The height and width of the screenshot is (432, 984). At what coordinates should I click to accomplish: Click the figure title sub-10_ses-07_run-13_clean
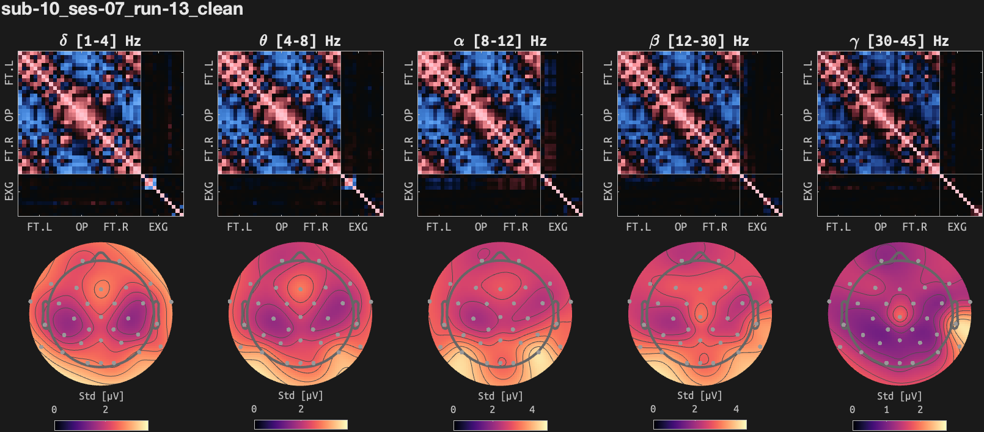[122, 9]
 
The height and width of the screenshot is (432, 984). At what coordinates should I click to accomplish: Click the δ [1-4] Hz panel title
[100, 41]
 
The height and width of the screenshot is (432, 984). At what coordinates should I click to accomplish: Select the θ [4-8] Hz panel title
[299, 41]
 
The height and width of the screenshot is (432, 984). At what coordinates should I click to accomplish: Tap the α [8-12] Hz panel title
[499, 41]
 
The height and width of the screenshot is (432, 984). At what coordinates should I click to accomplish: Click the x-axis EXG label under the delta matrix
[158, 227]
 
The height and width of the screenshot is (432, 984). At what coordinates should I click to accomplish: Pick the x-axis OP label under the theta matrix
[282, 227]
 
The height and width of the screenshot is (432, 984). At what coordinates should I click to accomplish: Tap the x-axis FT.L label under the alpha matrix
[439, 227]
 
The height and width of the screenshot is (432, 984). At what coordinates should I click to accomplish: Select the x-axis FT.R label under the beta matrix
[715, 227]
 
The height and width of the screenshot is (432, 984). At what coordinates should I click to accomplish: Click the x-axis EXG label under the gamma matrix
[957, 227]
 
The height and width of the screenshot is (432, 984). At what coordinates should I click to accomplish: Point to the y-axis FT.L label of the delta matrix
[9, 72]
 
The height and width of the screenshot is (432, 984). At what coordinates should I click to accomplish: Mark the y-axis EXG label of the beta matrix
[608, 191]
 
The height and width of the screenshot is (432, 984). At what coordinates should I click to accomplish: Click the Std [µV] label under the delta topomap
[101, 396]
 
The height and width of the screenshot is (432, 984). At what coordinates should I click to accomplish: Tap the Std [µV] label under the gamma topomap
[899, 396]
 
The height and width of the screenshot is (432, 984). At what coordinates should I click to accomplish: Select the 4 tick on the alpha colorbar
[532, 409]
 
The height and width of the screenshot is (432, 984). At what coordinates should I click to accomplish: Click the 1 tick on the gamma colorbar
[886, 409]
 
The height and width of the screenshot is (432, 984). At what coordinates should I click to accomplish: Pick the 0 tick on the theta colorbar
[254, 409]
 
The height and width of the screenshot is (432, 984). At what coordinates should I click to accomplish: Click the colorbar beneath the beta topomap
[700, 425]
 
